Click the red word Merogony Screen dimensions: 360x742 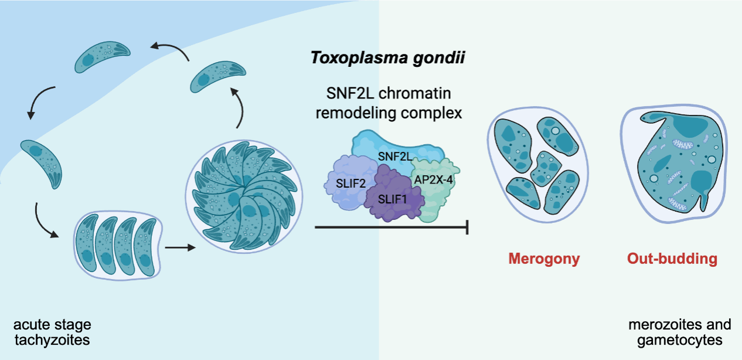coord(544,259)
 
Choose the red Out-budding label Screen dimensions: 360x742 coord(672,259)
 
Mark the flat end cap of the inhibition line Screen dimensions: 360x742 coord(467,226)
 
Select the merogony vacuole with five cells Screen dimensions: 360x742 coord(537,167)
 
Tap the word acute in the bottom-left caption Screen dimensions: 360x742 coord(27,324)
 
